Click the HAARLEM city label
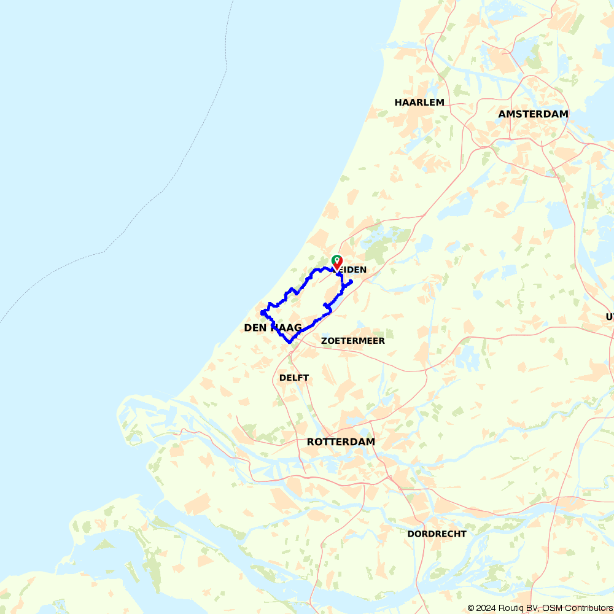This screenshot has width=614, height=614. [x=419, y=102]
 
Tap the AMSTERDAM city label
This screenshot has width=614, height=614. [x=533, y=114]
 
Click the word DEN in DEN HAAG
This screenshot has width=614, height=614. [x=255, y=328]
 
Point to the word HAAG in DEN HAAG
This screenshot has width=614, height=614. [x=285, y=328]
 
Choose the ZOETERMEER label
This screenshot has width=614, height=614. [x=353, y=340]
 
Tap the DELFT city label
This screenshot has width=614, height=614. [x=294, y=377]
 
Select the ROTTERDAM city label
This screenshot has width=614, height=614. [x=341, y=441]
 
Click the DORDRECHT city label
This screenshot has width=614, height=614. [x=437, y=534]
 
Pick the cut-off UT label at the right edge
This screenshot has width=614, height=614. [x=610, y=316]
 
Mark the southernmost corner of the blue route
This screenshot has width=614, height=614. [x=289, y=342]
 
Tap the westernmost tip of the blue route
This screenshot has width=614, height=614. [x=262, y=313]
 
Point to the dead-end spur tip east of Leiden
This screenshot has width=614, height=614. [x=351, y=282]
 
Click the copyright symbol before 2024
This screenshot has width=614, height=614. [x=471, y=608]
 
